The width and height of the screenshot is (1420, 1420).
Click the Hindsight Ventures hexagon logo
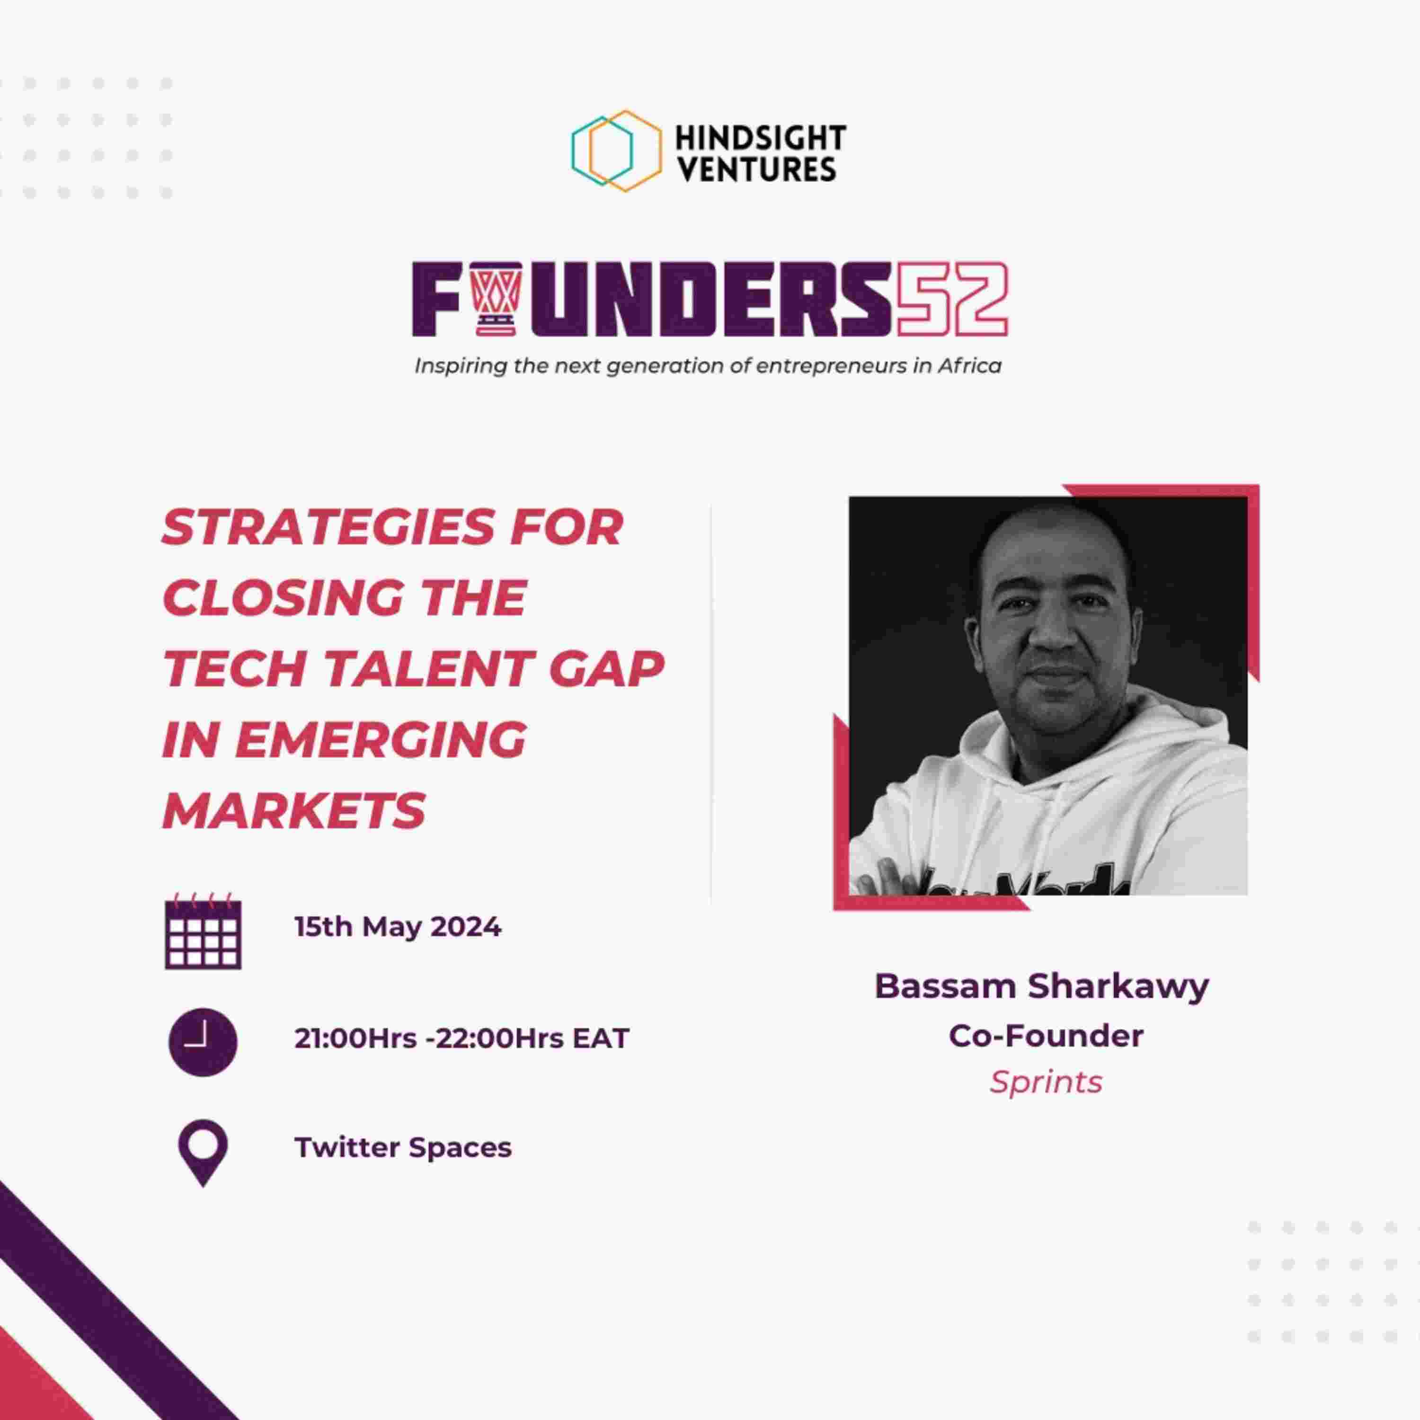coord(616,151)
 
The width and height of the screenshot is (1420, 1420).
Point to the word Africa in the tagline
coord(969,365)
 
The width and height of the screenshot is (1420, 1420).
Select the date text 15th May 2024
coord(398,927)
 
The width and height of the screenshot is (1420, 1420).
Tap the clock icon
coord(203,1042)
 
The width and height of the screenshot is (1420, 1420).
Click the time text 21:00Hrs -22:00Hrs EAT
coord(461,1038)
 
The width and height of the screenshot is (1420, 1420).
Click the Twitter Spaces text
coord(403,1148)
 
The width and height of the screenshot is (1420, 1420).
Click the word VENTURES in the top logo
coord(755,169)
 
